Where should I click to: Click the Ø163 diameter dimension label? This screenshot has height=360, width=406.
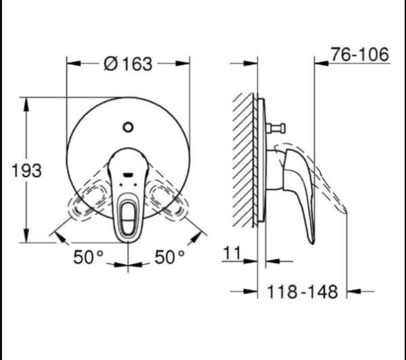tap(128, 64)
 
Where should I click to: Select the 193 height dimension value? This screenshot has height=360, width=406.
tap(26, 171)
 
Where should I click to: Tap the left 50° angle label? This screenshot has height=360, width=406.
tap(89, 257)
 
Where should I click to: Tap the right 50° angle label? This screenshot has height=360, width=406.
tap(169, 257)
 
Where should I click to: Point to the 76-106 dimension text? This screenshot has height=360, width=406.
tap(361, 54)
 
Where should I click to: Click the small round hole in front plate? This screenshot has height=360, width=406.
tap(128, 126)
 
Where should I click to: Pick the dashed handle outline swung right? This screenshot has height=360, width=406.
tap(166, 200)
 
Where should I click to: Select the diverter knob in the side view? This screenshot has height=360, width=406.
tap(277, 129)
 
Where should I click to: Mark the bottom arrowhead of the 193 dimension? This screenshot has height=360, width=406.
tap(26, 238)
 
